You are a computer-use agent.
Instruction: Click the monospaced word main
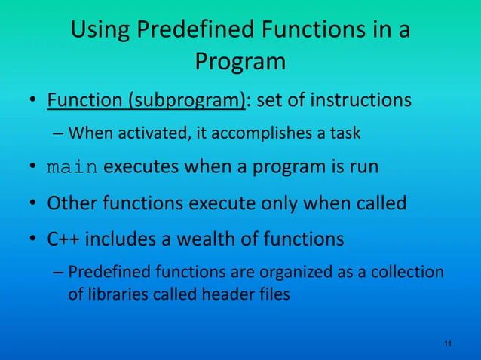point(72,168)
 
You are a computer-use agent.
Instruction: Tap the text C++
point(64,239)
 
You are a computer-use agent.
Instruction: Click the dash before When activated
point(58,134)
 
